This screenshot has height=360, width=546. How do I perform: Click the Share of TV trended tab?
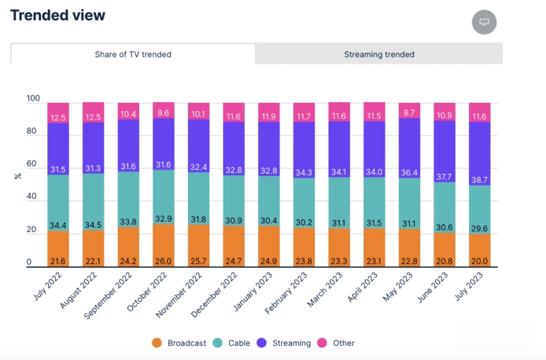pyautogui.click(x=133, y=54)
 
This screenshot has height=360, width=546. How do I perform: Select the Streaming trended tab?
pyautogui.click(x=378, y=54)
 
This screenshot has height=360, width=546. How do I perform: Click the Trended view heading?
pyautogui.click(x=58, y=15)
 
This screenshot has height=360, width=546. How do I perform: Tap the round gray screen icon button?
pyautogui.click(x=485, y=22)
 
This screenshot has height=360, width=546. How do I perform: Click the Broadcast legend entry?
pyautogui.click(x=180, y=343)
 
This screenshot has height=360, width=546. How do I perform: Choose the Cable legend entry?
pyautogui.click(x=234, y=343)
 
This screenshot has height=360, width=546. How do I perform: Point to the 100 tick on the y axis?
pyautogui.click(x=32, y=99)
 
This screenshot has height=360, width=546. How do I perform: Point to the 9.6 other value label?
pyautogui.click(x=164, y=112)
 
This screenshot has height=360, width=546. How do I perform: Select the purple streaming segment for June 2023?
pyautogui.click(x=445, y=149)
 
